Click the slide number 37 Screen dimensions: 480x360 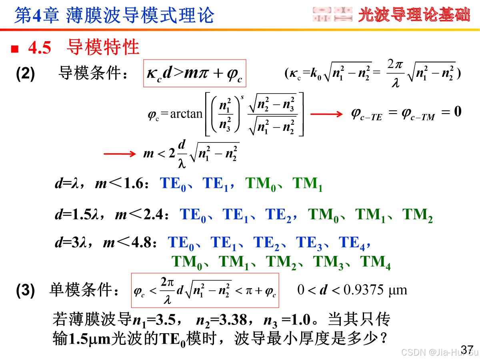[x=467, y=349]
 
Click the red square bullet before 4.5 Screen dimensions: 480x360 [x=15, y=50]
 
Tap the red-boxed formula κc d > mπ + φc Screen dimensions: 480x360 [x=194, y=74]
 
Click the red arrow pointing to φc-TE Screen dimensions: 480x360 [x=326, y=114]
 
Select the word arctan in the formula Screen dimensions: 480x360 [x=186, y=114]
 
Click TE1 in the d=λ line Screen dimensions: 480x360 [x=215, y=184]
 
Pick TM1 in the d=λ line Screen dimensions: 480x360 [x=307, y=184]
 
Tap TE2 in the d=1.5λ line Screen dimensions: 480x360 [x=278, y=215]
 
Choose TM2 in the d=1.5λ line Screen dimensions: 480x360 [x=417, y=215]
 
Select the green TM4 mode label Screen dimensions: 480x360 [x=375, y=262]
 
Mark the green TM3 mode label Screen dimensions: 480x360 [x=328, y=262]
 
